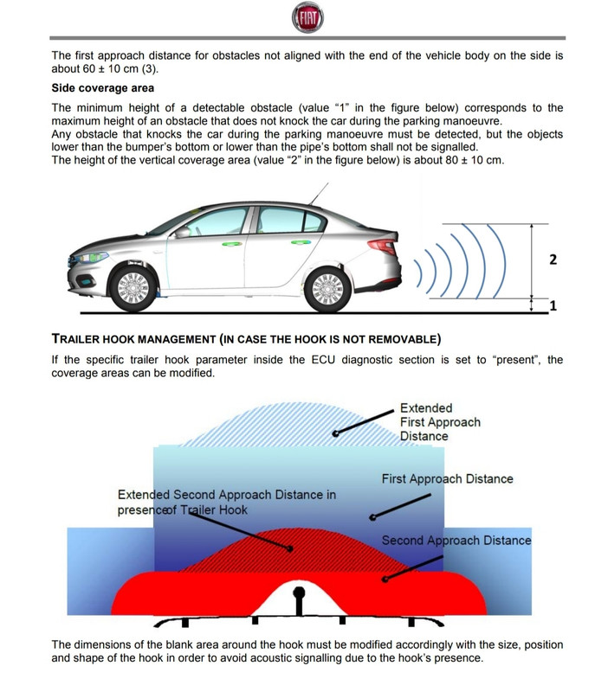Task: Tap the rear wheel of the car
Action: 327,287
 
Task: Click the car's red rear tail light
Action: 383,247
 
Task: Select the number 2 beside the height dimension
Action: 553,259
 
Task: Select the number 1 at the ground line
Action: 553,305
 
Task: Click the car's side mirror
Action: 183,232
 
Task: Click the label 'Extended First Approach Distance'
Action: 439,422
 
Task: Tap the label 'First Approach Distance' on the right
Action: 447,478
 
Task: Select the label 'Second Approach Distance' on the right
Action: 456,541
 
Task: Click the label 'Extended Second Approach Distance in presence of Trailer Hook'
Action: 226,503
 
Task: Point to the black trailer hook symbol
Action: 300,599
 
